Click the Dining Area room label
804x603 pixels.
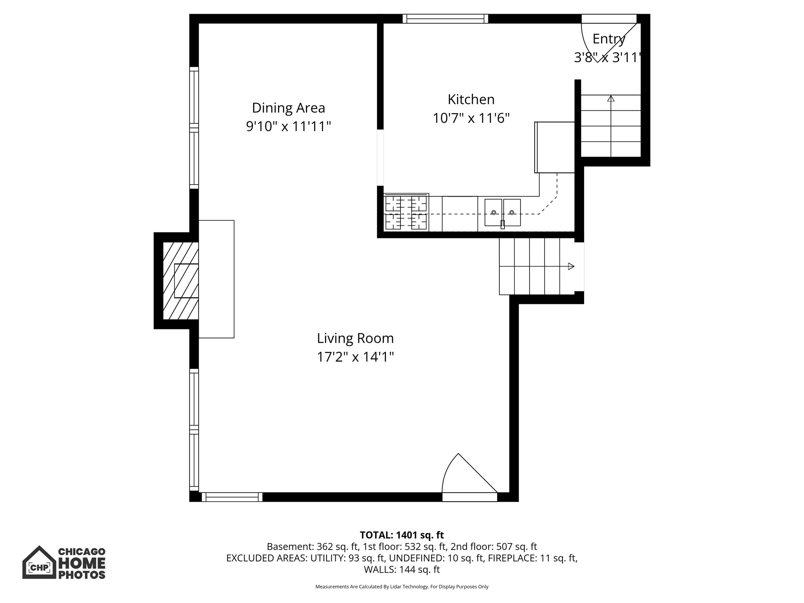(288, 108)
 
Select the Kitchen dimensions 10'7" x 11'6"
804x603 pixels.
(471, 118)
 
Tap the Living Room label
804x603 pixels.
(355, 338)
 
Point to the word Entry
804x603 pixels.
(608, 39)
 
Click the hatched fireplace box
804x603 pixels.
(180, 280)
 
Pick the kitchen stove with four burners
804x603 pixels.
(406, 213)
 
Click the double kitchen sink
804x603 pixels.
(502, 212)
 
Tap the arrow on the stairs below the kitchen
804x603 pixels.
(571, 267)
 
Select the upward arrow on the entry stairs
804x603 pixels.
(611, 99)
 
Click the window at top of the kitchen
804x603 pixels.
(445, 18)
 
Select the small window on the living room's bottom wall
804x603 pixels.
(232, 497)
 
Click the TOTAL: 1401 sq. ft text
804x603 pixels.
(402, 535)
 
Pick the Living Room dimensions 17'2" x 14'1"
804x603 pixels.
(355, 357)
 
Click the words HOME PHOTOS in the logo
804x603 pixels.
(82, 568)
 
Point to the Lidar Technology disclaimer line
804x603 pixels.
(402, 587)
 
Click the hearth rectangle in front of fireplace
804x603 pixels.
(216, 279)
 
